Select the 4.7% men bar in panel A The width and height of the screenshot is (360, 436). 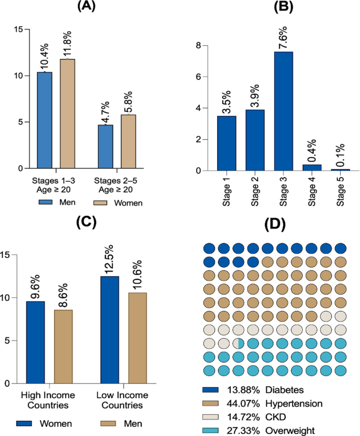pyautogui.click(x=105, y=147)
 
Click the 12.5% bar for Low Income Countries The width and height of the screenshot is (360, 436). pyautogui.click(x=110, y=329)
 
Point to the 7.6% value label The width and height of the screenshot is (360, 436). pyautogui.click(x=282, y=36)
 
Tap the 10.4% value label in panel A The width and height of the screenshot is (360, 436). pyautogui.click(x=45, y=57)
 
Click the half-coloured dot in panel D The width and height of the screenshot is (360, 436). pyautogui.click(x=239, y=343)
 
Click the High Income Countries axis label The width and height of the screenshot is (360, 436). pyautogui.click(x=46, y=399)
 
